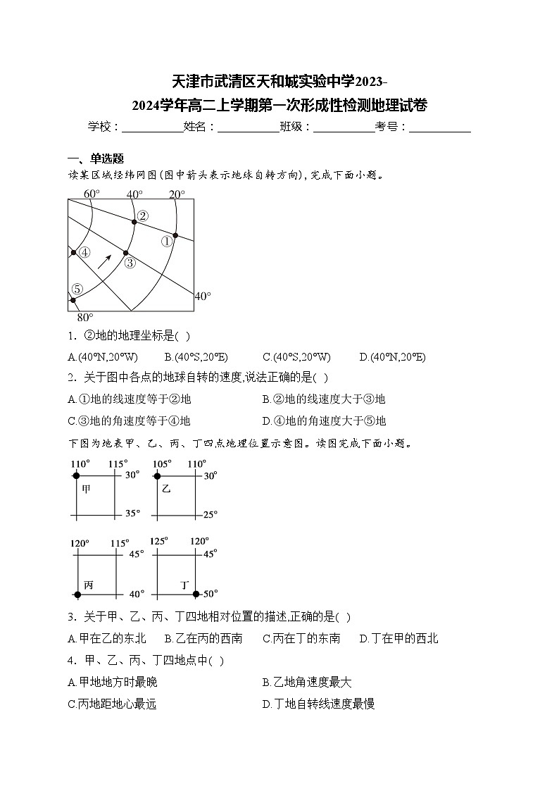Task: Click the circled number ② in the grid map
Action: (143, 216)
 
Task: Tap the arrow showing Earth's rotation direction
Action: (104, 261)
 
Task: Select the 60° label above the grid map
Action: (92, 194)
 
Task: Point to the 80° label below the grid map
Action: (84, 317)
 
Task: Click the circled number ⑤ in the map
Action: (77, 289)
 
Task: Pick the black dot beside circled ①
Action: (175, 235)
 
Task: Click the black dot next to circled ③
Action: (125, 252)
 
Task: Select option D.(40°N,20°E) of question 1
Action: (392, 357)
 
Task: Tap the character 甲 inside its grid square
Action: (87, 487)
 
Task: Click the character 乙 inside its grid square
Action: (166, 487)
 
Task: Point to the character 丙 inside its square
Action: (88, 584)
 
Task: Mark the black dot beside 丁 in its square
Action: (196, 594)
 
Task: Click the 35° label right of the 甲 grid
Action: (132, 513)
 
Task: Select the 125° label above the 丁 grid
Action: (159, 541)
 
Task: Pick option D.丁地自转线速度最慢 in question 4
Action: (318, 703)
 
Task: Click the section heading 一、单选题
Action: (95, 158)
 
